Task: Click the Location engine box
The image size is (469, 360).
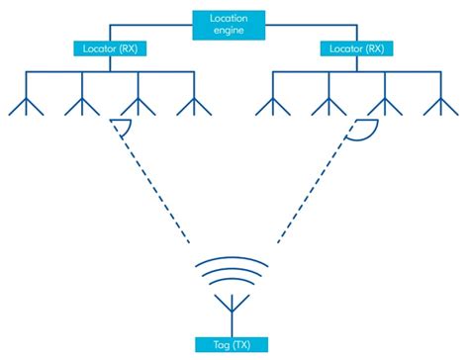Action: [234, 25]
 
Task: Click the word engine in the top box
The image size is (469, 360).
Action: [234, 32]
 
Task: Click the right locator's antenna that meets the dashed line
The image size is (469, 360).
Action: [384, 104]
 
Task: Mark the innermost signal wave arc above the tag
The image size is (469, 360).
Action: [234, 282]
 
